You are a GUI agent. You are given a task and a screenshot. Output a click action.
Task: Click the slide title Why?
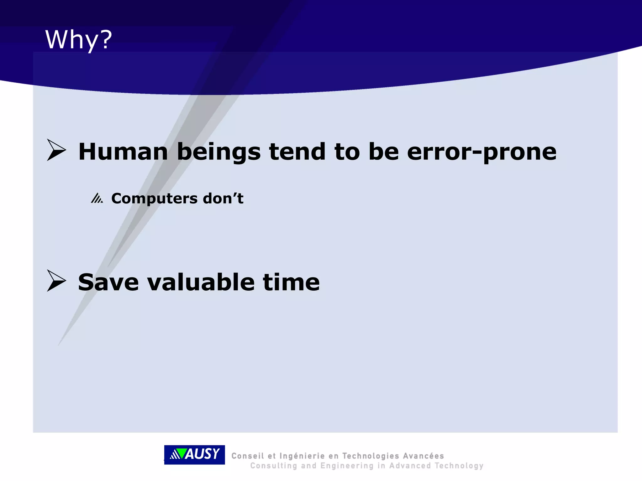[x=78, y=40]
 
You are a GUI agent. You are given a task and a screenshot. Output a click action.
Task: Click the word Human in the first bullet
[x=123, y=152]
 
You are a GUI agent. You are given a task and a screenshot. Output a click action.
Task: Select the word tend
[x=297, y=152]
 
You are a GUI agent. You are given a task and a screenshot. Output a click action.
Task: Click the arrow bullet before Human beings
[x=56, y=150]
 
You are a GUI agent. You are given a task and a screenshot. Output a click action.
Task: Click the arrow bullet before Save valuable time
[x=56, y=281]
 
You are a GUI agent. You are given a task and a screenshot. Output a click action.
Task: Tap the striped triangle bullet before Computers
[x=97, y=198]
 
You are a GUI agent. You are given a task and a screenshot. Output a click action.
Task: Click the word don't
[x=223, y=198]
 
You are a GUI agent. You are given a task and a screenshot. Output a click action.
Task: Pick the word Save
[x=108, y=282]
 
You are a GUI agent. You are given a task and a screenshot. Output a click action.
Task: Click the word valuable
[x=201, y=282]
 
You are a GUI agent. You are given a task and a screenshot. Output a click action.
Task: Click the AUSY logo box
[x=194, y=454]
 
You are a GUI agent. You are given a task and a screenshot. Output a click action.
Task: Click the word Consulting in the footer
[x=273, y=466]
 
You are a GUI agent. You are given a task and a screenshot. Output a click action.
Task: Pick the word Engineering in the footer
[x=347, y=466]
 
